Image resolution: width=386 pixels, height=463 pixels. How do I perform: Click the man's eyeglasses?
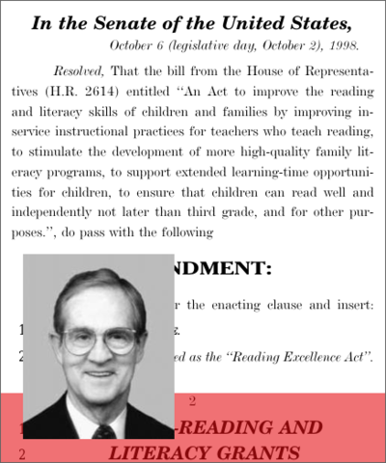click(x=98, y=339)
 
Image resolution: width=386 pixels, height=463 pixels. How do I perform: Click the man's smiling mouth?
click(x=100, y=374)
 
